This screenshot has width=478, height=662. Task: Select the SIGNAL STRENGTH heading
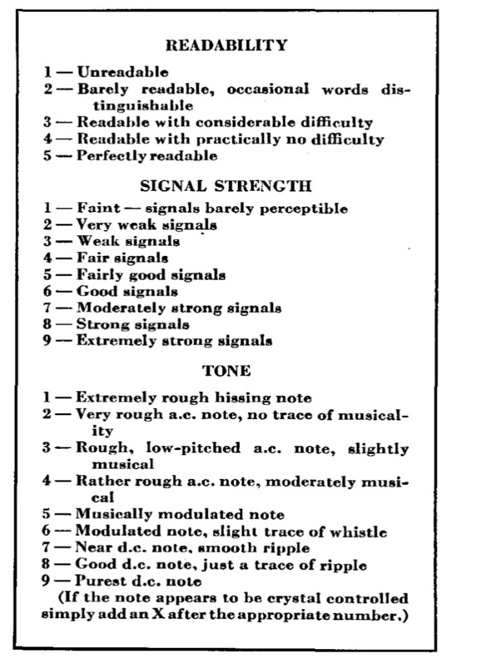coord(226,187)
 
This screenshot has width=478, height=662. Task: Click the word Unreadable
coord(123,72)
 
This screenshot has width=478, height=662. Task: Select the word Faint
coord(99,208)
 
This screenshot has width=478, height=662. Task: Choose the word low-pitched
coord(186,448)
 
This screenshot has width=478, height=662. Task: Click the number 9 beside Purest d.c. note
coord(47,581)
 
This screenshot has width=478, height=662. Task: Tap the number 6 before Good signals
coord(48,292)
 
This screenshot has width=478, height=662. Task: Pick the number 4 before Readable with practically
coord(48,139)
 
